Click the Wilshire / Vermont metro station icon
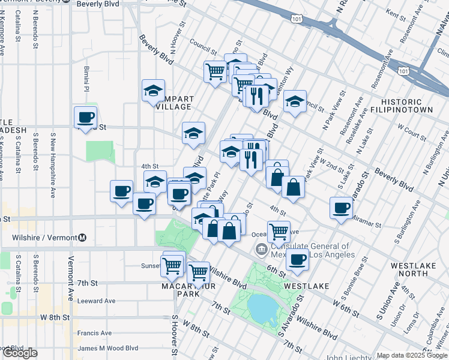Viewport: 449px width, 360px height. click(x=82, y=238)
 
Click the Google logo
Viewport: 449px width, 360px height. click(x=19, y=353)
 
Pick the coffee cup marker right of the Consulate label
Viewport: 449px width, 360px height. click(x=297, y=259)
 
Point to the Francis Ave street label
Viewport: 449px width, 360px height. click(x=95, y=333)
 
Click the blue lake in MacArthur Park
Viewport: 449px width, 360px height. click(x=262, y=308)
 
